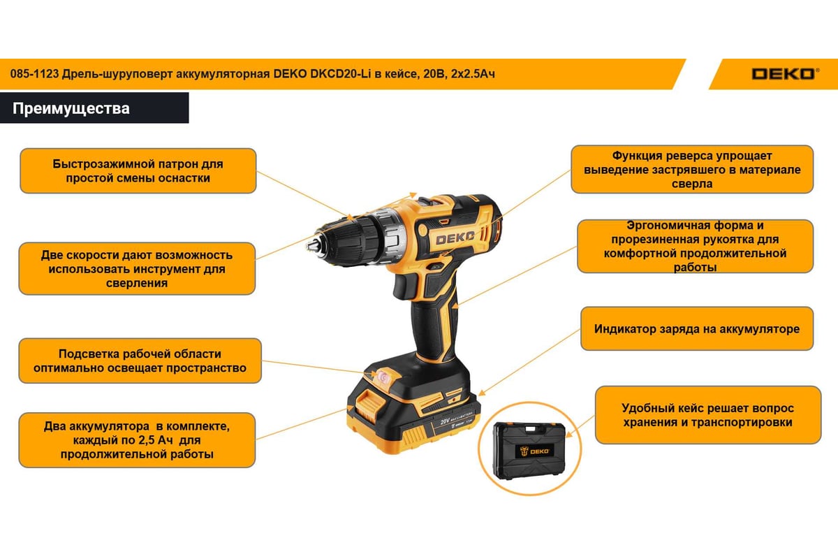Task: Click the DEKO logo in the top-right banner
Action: coord(785,74)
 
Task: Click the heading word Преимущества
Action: coord(71,108)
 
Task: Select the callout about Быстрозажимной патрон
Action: coord(138,170)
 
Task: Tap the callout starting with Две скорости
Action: coord(137,269)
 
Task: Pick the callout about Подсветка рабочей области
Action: coord(140,361)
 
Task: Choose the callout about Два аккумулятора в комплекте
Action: coord(137,440)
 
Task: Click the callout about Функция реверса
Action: coord(692,170)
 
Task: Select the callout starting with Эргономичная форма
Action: coord(695,246)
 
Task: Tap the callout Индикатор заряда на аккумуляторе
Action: coord(697,328)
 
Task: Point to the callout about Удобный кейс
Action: coord(708,415)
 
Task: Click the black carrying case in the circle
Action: coord(529,451)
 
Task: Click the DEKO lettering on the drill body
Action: coord(455,238)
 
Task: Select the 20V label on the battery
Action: coord(445,421)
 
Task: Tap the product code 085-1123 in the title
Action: coord(34,74)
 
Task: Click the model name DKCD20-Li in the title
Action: coord(341,74)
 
